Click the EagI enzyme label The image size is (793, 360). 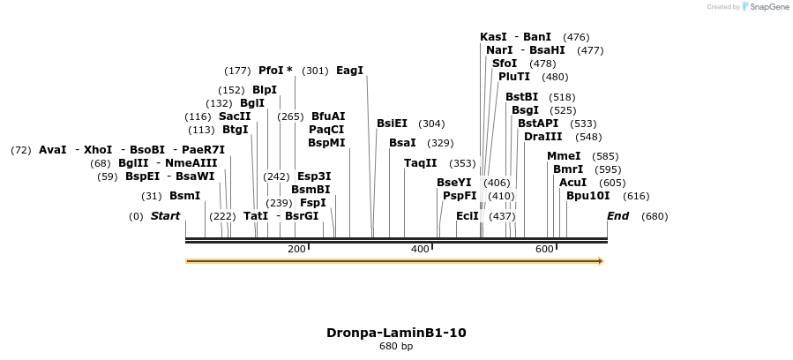349,71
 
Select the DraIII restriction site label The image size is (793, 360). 542,137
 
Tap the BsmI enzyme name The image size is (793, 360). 185,196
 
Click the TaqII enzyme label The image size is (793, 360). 420,163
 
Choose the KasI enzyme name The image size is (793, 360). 493,37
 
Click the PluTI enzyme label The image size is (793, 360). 514,77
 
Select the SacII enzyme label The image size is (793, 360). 235,116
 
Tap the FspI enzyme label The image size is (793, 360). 313,202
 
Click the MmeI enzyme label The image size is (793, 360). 564,156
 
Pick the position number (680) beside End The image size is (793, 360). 655,216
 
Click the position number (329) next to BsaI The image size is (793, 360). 440,143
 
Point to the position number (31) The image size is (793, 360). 152,196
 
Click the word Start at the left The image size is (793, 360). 165,216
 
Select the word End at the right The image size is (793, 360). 617,216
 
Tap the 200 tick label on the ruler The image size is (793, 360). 296,250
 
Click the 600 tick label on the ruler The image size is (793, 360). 544,250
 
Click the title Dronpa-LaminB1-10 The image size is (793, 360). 396,333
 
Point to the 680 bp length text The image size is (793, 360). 396,346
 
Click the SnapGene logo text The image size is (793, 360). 768,7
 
